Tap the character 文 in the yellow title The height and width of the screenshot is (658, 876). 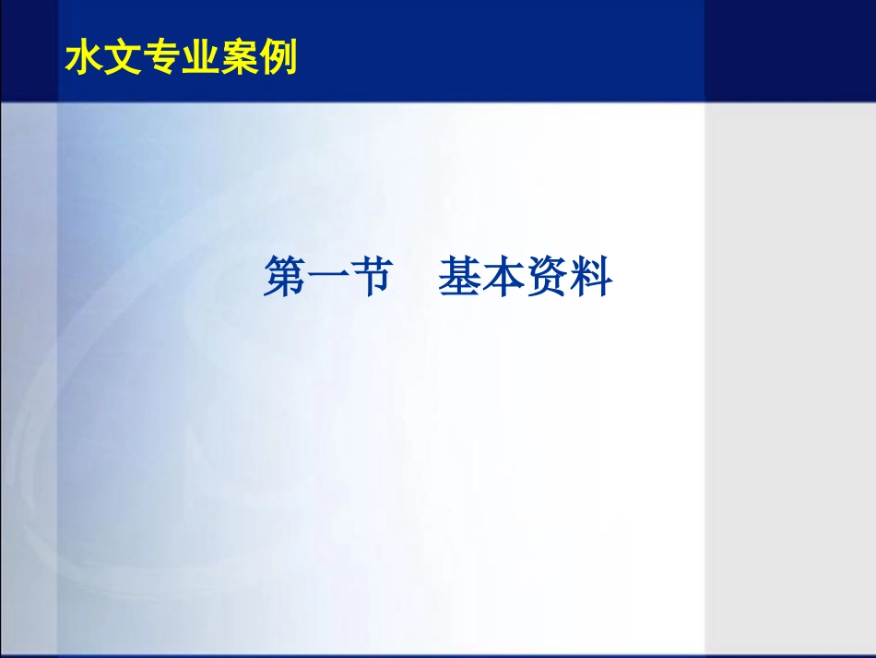point(124,58)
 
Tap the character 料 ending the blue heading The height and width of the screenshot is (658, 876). point(591,277)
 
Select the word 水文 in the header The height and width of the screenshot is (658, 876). point(104,58)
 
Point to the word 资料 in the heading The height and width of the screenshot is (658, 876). point(569,277)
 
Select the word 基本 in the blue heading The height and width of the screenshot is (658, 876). point(481,277)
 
